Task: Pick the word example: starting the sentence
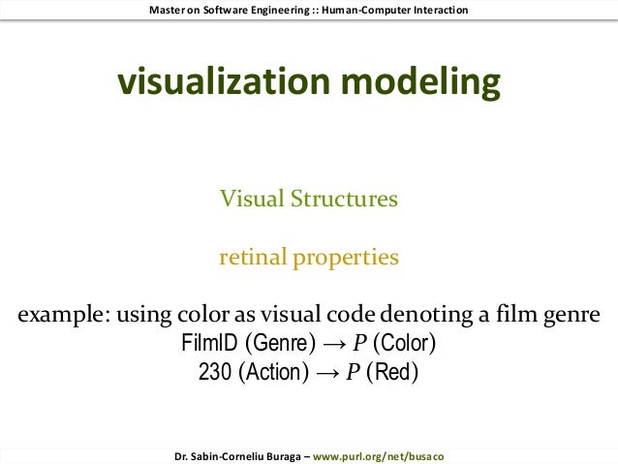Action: point(59,316)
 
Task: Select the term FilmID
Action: point(209,344)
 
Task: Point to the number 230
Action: point(215,372)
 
